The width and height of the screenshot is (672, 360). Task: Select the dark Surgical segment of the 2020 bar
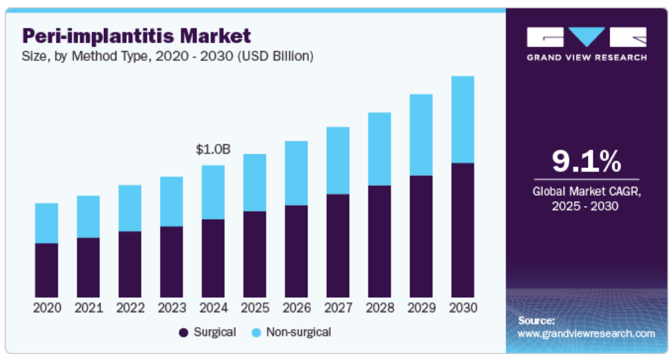click(46, 270)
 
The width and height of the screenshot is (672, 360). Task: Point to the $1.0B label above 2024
click(213, 150)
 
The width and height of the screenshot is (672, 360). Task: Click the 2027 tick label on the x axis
click(338, 308)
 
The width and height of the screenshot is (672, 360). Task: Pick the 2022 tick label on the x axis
click(130, 308)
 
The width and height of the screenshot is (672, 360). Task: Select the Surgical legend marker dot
click(183, 332)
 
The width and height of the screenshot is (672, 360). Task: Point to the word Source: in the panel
click(536, 320)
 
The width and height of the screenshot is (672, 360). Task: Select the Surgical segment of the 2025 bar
click(255, 254)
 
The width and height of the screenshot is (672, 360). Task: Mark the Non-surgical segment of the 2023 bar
click(171, 201)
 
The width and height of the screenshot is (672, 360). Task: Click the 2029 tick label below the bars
click(421, 308)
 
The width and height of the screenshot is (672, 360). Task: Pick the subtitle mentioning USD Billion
click(168, 56)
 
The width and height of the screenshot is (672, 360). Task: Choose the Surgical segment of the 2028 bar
click(380, 241)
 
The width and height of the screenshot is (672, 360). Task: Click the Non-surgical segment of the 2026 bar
click(296, 173)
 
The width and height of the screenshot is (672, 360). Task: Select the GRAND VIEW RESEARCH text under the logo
click(586, 58)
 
